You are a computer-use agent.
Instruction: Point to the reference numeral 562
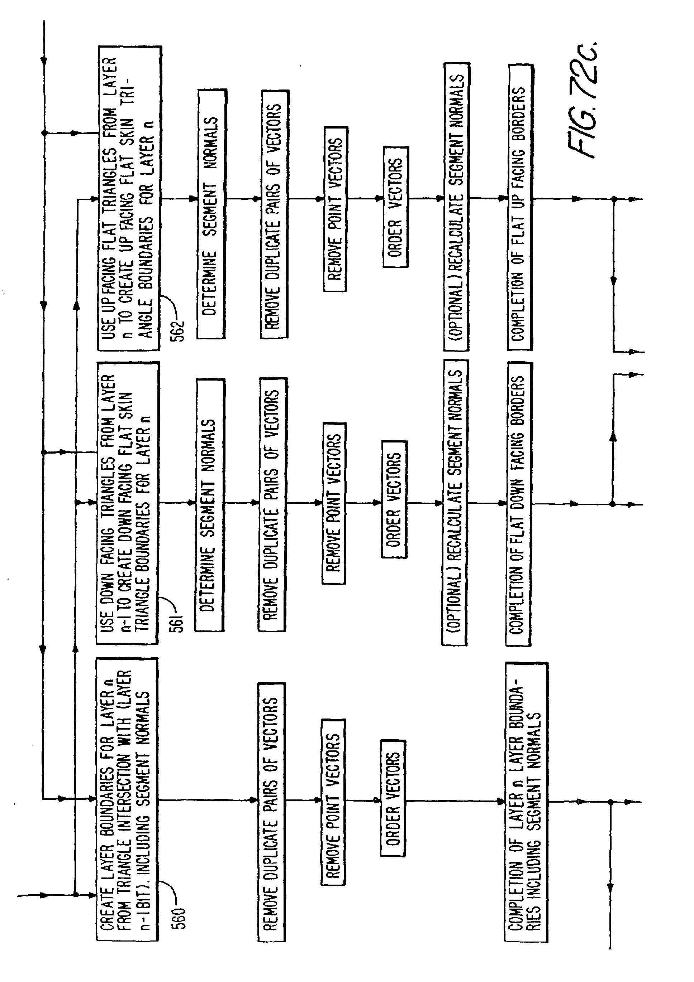(x=177, y=329)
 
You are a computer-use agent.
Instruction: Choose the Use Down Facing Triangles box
(x=127, y=503)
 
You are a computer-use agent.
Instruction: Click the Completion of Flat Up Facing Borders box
(x=520, y=207)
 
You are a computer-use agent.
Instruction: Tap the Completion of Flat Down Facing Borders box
(x=518, y=504)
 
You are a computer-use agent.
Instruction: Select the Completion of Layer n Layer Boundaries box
(x=526, y=802)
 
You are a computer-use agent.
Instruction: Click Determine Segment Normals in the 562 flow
(x=211, y=214)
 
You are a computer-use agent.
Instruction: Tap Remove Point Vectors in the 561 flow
(x=333, y=503)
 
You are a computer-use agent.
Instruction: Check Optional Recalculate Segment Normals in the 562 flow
(x=456, y=207)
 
